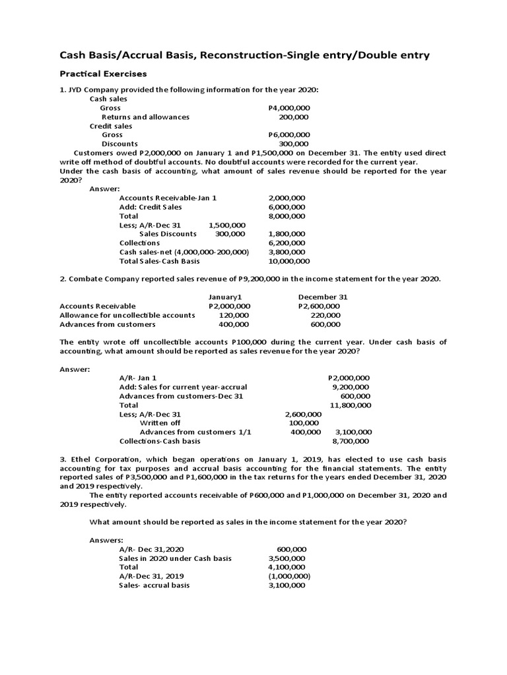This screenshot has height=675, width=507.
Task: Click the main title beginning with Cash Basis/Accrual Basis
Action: (244, 55)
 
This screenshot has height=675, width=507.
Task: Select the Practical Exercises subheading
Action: (102, 73)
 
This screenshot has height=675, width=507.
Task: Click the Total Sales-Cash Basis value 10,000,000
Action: (287, 261)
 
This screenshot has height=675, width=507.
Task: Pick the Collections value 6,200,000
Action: (287, 243)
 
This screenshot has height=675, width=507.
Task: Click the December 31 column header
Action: (323, 297)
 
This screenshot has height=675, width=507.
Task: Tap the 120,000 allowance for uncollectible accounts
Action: (234, 315)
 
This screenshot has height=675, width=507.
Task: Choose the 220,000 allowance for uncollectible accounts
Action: (325, 315)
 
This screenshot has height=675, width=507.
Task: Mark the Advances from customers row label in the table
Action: (108, 324)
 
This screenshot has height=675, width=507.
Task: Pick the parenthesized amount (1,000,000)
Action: (288, 576)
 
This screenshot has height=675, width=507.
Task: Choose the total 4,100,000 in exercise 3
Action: (287, 567)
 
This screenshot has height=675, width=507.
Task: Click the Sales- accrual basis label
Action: (154, 585)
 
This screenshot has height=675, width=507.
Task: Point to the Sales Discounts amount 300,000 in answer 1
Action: (230, 234)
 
